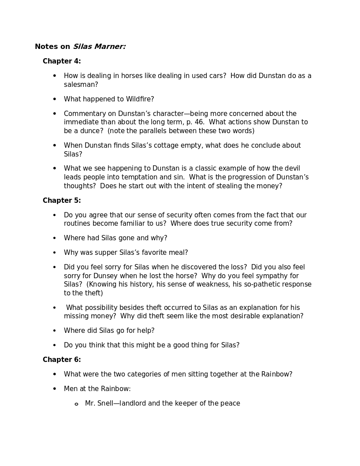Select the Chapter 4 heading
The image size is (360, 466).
click(x=62, y=61)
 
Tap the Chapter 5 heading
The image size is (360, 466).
click(x=62, y=201)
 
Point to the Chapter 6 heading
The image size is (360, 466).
click(x=62, y=360)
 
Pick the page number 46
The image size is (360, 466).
click(x=199, y=122)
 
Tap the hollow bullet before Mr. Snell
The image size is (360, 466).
click(x=76, y=404)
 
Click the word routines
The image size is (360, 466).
click(x=78, y=224)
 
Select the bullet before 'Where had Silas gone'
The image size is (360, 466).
click(x=55, y=238)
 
